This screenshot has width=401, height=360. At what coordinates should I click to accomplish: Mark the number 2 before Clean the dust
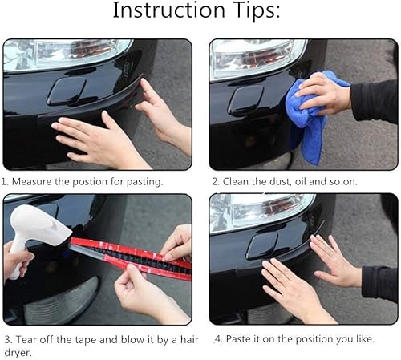[214, 182]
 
